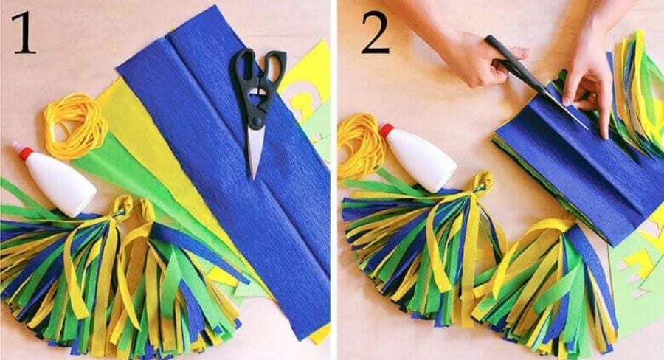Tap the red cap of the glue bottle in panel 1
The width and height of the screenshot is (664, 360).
(24, 153)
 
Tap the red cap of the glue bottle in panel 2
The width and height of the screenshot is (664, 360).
(386, 131)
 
